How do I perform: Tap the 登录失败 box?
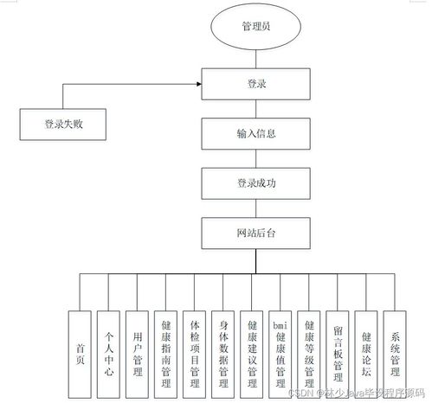tap(62, 124)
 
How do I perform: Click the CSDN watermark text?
tap(364, 393)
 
